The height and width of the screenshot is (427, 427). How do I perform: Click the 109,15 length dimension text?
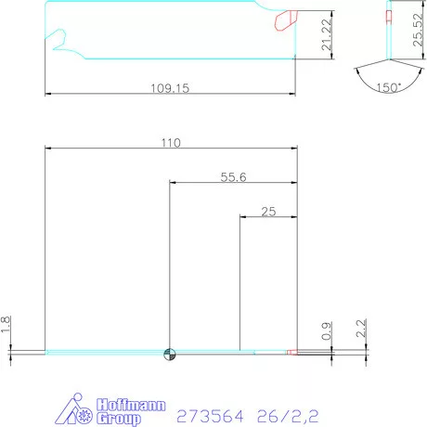click(x=170, y=89)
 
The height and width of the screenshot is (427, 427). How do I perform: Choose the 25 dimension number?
click(x=269, y=212)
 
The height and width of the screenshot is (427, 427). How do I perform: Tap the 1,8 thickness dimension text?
click(x=6, y=325)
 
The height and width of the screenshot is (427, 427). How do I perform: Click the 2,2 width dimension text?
click(x=361, y=328)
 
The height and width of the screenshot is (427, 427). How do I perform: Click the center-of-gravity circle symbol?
click(x=169, y=353)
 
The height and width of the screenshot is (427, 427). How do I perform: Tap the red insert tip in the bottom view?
click(x=291, y=353)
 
